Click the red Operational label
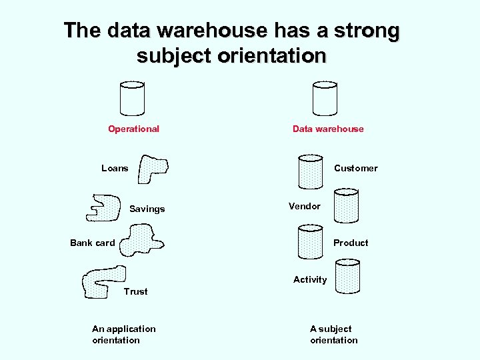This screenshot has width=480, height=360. (x=133, y=129)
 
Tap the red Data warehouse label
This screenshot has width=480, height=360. (x=328, y=129)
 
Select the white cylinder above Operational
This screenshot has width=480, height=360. (x=132, y=98)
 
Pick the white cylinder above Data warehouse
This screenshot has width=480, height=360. (x=325, y=98)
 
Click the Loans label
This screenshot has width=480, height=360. (x=115, y=168)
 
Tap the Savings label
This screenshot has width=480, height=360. (x=147, y=209)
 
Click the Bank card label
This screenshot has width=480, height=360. (x=93, y=243)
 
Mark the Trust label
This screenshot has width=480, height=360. (x=135, y=291)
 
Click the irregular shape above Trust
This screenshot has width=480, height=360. (x=102, y=280)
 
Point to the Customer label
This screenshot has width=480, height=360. (x=355, y=168)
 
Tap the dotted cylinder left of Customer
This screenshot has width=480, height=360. (x=310, y=171)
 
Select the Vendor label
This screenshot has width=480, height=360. (x=305, y=206)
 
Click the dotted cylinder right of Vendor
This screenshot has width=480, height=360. (x=346, y=205)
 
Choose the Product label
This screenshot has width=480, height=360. (x=351, y=243)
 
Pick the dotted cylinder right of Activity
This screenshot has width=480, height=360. (x=347, y=277)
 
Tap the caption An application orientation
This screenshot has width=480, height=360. (x=123, y=334)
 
